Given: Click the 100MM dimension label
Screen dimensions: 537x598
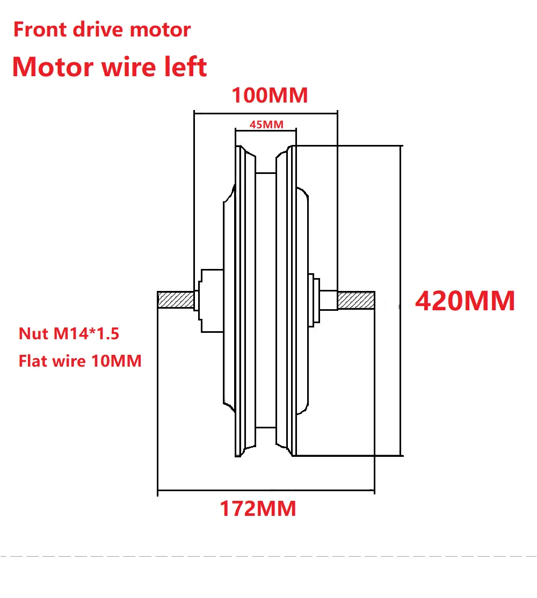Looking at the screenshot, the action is (x=270, y=96).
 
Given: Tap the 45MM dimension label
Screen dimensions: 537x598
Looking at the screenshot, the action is (x=266, y=125).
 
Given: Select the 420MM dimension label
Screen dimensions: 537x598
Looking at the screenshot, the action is (x=465, y=301).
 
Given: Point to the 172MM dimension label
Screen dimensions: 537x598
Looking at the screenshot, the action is (x=258, y=508).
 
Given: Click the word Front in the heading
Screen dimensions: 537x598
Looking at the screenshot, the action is (x=36, y=30).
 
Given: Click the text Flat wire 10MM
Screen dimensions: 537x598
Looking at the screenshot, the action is (x=80, y=361).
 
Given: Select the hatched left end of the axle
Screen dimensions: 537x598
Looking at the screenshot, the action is (x=176, y=300).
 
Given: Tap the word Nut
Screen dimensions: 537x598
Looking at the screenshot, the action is (x=33, y=334).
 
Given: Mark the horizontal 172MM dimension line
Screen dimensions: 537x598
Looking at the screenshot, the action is (x=266, y=490).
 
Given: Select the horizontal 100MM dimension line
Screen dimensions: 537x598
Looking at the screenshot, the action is (x=266, y=113).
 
